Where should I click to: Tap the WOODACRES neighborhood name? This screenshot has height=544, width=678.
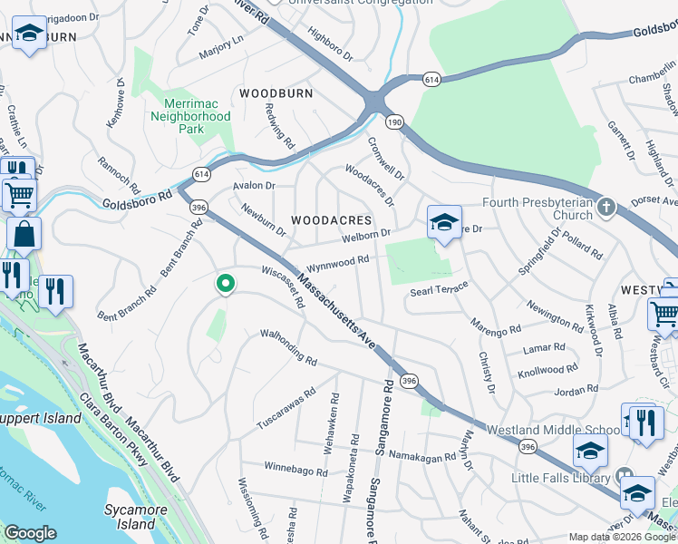[331, 220]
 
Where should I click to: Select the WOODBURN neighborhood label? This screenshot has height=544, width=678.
[276, 93]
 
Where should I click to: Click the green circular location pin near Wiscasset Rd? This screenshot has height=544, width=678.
[225, 284]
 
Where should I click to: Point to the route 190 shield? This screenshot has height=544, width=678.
[394, 121]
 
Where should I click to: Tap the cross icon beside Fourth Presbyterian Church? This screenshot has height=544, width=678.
[605, 209]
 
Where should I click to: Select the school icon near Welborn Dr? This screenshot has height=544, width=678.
[444, 222]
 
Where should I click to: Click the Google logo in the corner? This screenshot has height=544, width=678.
[30, 533]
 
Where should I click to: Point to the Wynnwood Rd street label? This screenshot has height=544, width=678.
[337, 262]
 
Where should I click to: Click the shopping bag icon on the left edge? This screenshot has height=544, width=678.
[24, 234]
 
